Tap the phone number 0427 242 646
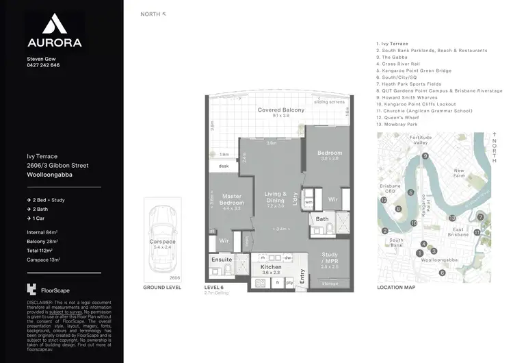[x=43, y=65]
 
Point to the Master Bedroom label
[x=231, y=200]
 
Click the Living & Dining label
[x=274, y=199]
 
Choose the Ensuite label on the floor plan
[x=221, y=260]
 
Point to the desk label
[x=223, y=166]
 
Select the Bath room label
[x=322, y=219]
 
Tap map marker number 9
[x=425, y=156]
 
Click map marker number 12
[x=384, y=201]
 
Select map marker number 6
[x=442, y=272]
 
